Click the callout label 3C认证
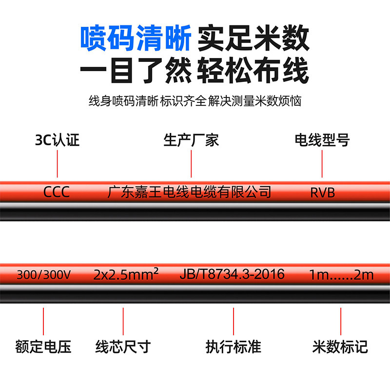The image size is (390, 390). click(x=58, y=140)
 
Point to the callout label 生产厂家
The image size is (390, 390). click(x=191, y=140)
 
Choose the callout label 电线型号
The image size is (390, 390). click(x=322, y=140)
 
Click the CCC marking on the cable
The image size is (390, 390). click(x=57, y=192)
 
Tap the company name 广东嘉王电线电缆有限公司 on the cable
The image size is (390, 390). click(x=189, y=192)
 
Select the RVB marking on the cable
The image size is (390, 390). click(x=323, y=192)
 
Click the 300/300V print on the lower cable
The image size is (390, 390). click(x=44, y=274)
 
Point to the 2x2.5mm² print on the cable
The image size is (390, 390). click(x=126, y=274)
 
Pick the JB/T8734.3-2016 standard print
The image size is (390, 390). click(x=232, y=274)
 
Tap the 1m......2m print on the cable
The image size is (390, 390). click(x=341, y=274)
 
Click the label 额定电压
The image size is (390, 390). click(x=44, y=347)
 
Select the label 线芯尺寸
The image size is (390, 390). click(x=123, y=347)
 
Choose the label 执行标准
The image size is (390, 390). click(x=234, y=347)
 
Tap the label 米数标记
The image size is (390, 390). click(x=340, y=347)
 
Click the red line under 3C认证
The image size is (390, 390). click(x=58, y=164)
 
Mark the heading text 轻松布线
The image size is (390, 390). click(x=253, y=72)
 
